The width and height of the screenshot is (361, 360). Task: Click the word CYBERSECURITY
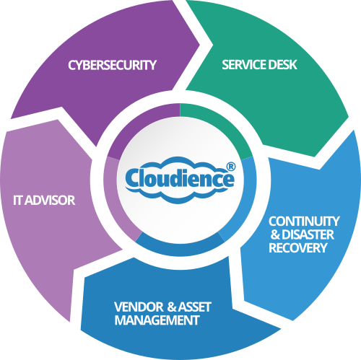point(112,65)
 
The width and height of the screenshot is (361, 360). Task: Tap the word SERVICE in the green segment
point(244,65)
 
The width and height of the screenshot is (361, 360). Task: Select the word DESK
point(282,65)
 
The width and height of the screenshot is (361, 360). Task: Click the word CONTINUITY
point(304,221)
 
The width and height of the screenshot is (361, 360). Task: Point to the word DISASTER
point(308,234)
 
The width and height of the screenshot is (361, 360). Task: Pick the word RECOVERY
point(298,248)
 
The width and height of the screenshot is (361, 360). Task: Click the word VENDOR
point(139,307)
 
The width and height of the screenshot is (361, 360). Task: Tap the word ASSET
point(194,307)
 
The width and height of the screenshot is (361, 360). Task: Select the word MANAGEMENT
point(157,320)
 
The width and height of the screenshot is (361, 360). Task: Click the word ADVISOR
point(50,201)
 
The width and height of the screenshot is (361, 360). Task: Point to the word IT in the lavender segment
point(17,201)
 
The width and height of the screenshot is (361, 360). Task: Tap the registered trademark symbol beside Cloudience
point(231,167)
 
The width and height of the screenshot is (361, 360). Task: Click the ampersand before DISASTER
point(276,234)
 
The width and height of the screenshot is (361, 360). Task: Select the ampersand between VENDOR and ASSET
point(171,307)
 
